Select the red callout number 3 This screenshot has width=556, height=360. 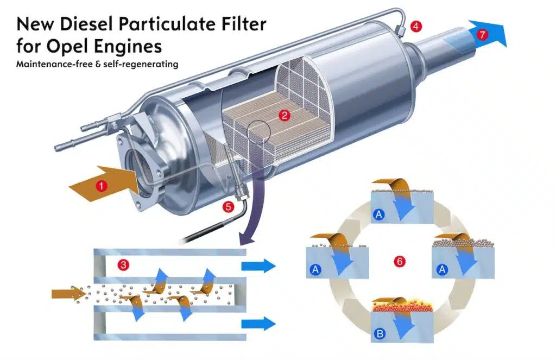click(x=124, y=266)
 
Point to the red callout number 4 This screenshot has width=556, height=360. click(x=415, y=26)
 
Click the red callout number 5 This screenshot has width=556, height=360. click(x=228, y=206)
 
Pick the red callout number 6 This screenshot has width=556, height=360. click(x=400, y=262)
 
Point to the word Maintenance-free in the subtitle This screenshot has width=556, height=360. click(x=53, y=64)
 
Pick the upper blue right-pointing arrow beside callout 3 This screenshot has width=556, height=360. click(x=258, y=266)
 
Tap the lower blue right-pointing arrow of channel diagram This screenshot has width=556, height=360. click(x=258, y=325)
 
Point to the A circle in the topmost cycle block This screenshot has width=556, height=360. click(x=379, y=216)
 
